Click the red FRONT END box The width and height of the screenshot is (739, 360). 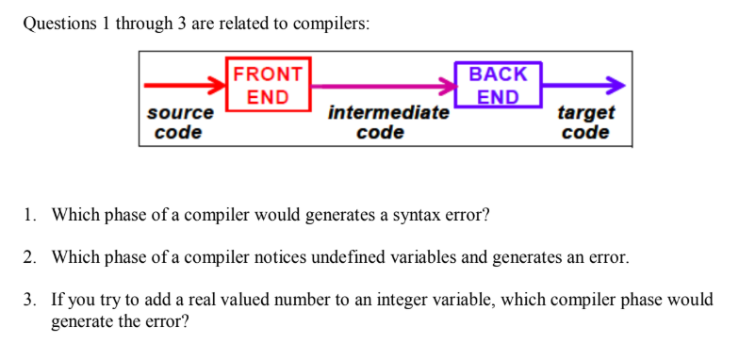coord(269,85)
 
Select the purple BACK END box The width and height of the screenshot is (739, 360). coord(498,85)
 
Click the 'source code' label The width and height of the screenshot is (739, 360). coord(179,123)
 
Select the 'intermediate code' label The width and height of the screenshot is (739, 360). coord(388,123)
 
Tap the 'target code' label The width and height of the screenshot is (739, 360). coord(585,123)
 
